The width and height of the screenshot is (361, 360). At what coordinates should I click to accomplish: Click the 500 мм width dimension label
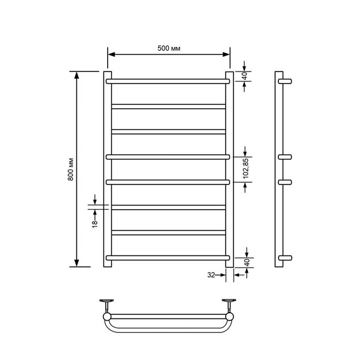[168, 48]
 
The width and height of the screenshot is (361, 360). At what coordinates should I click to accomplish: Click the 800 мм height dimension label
[71, 169]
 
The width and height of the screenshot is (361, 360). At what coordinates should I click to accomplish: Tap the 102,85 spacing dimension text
[246, 168]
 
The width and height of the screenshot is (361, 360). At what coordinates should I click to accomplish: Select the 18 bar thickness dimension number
[95, 224]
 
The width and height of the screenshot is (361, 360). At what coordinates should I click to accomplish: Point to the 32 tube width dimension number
[211, 275]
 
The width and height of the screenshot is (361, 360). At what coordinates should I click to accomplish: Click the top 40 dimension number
[245, 76]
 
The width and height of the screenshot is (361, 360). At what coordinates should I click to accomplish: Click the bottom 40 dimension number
[247, 263]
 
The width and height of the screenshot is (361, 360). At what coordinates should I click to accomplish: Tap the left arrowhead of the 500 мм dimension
[111, 55]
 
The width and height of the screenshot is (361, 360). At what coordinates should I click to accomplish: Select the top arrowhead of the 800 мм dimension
[76, 75]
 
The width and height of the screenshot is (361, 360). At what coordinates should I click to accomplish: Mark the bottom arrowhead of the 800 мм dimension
[76, 263]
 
